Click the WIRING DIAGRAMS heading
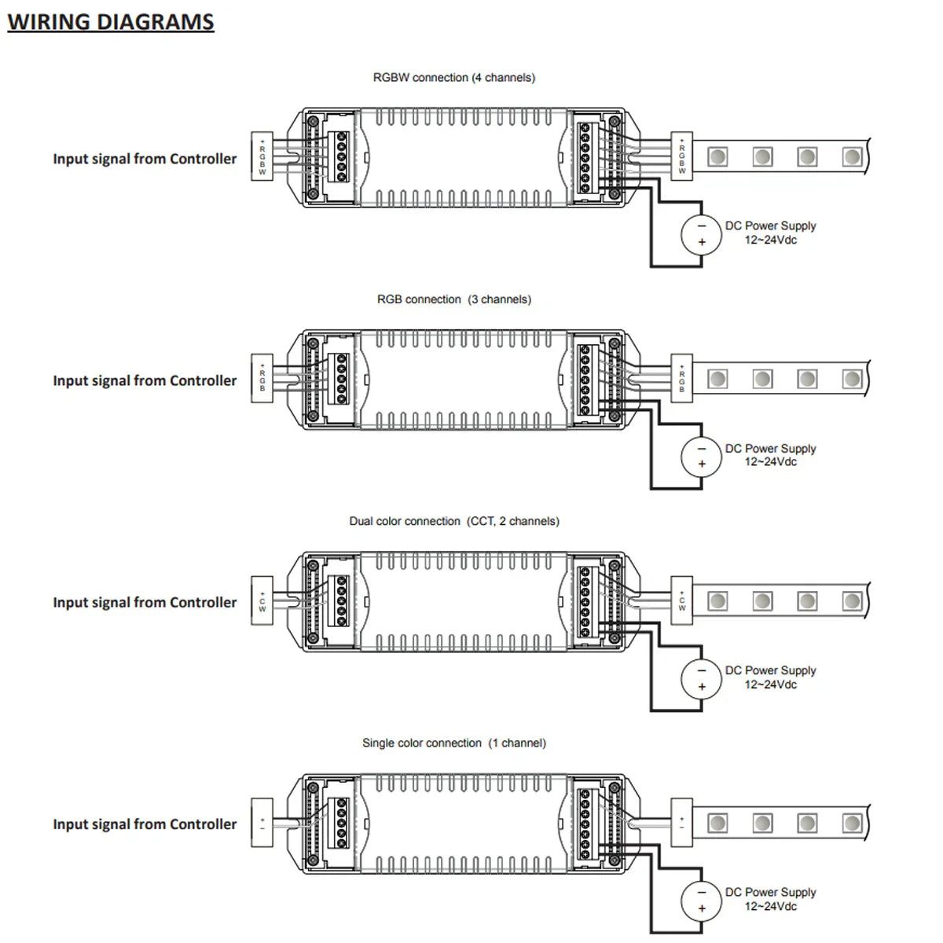point(111,22)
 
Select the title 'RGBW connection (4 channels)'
point(454,78)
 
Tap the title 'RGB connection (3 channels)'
point(454,299)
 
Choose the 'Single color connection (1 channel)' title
point(454,743)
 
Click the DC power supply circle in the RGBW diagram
point(701,234)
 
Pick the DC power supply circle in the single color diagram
point(701,901)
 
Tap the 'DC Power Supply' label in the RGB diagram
point(770,449)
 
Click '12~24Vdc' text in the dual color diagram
point(770,684)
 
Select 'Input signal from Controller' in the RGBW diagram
point(145,159)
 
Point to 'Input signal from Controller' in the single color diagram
point(145,824)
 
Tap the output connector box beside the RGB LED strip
point(681,379)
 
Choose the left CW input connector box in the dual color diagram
point(262,601)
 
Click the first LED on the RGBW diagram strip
point(717,157)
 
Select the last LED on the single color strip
point(852,823)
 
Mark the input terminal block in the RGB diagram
point(342,379)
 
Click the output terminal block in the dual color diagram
point(585,601)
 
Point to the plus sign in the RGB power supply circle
point(702,464)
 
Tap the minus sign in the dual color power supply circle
point(702,671)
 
